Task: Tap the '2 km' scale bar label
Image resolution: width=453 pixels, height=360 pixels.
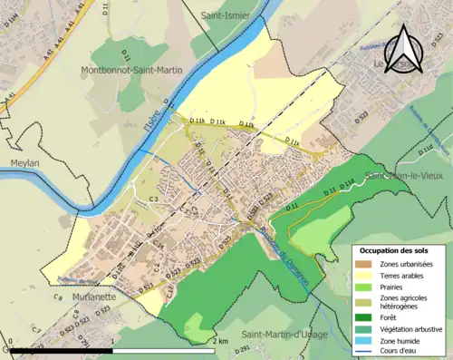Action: click(220, 342)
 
